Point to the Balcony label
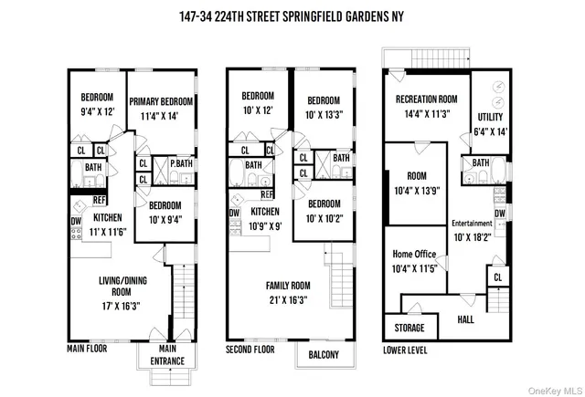pos(324,355)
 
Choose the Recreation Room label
pos(425,99)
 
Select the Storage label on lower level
pos(409,327)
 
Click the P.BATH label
pos(181,163)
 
